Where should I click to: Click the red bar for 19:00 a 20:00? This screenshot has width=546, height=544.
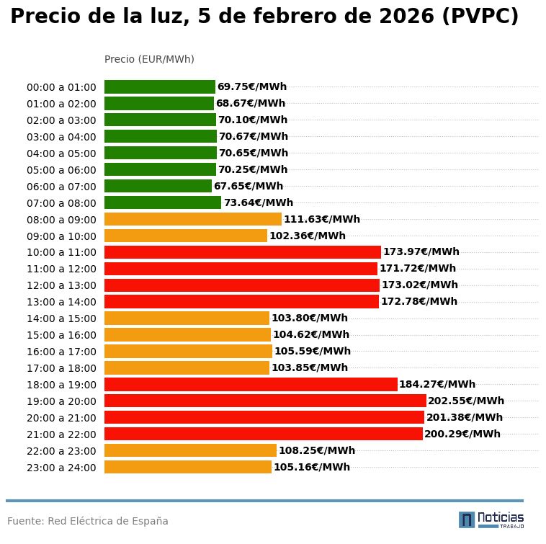pyautogui.click(x=265, y=401)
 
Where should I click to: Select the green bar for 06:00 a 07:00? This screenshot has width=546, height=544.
pyautogui.click(x=158, y=186)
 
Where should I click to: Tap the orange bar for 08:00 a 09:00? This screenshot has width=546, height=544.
pyautogui.click(x=192, y=219)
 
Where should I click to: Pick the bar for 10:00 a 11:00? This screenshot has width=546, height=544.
pyautogui.click(x=242, y=252)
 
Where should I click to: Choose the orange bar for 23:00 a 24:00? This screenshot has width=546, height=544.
pyautogui.click(x=187, y=467)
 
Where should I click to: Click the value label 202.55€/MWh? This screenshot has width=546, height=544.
pyautogui.click(x=466, y=401)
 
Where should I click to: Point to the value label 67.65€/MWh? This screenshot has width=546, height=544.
pyautogui.click(x=248, y=187)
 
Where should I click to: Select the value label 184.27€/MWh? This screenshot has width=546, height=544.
pyautogui.click(x=437, y=385)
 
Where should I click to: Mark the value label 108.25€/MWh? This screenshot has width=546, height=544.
pyautogui.click(x=316, y=451)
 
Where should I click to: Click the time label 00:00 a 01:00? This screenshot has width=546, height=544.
pyautogui.click(x=61, y=87)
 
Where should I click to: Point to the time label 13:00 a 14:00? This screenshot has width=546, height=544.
pyautogui.click(x=61, y=302)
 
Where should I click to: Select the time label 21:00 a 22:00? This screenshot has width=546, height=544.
pyautogui.click(x=61, y=434)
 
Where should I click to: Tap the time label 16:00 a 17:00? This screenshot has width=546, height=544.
pyautogui.click(x=61, y=352)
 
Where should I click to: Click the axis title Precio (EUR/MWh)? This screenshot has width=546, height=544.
pyautogui.click(x=149, y=59)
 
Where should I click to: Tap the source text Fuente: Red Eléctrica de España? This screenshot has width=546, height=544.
pyautogui.click(x=88, y=521)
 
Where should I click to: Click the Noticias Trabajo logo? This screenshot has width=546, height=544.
pyautogui.click(x=491, y=520)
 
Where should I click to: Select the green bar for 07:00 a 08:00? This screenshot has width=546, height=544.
pyautogui.click(x=163, y=202)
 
